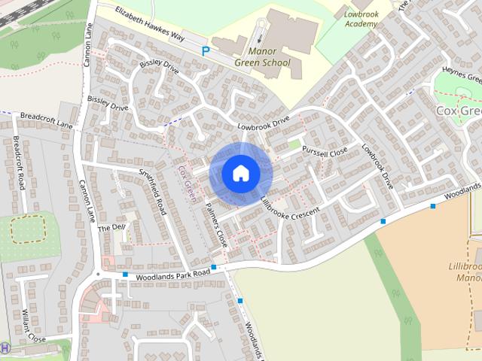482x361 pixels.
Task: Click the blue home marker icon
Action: [x=240, y=173]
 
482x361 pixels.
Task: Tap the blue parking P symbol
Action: [x=206, y=51]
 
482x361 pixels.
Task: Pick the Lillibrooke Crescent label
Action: [x=290, y=210]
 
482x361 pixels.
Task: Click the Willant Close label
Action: [x=34, y=326]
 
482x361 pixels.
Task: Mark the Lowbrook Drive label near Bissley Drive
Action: [x=263, y=122]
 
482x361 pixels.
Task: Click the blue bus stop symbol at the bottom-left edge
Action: [x=5, y=347]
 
